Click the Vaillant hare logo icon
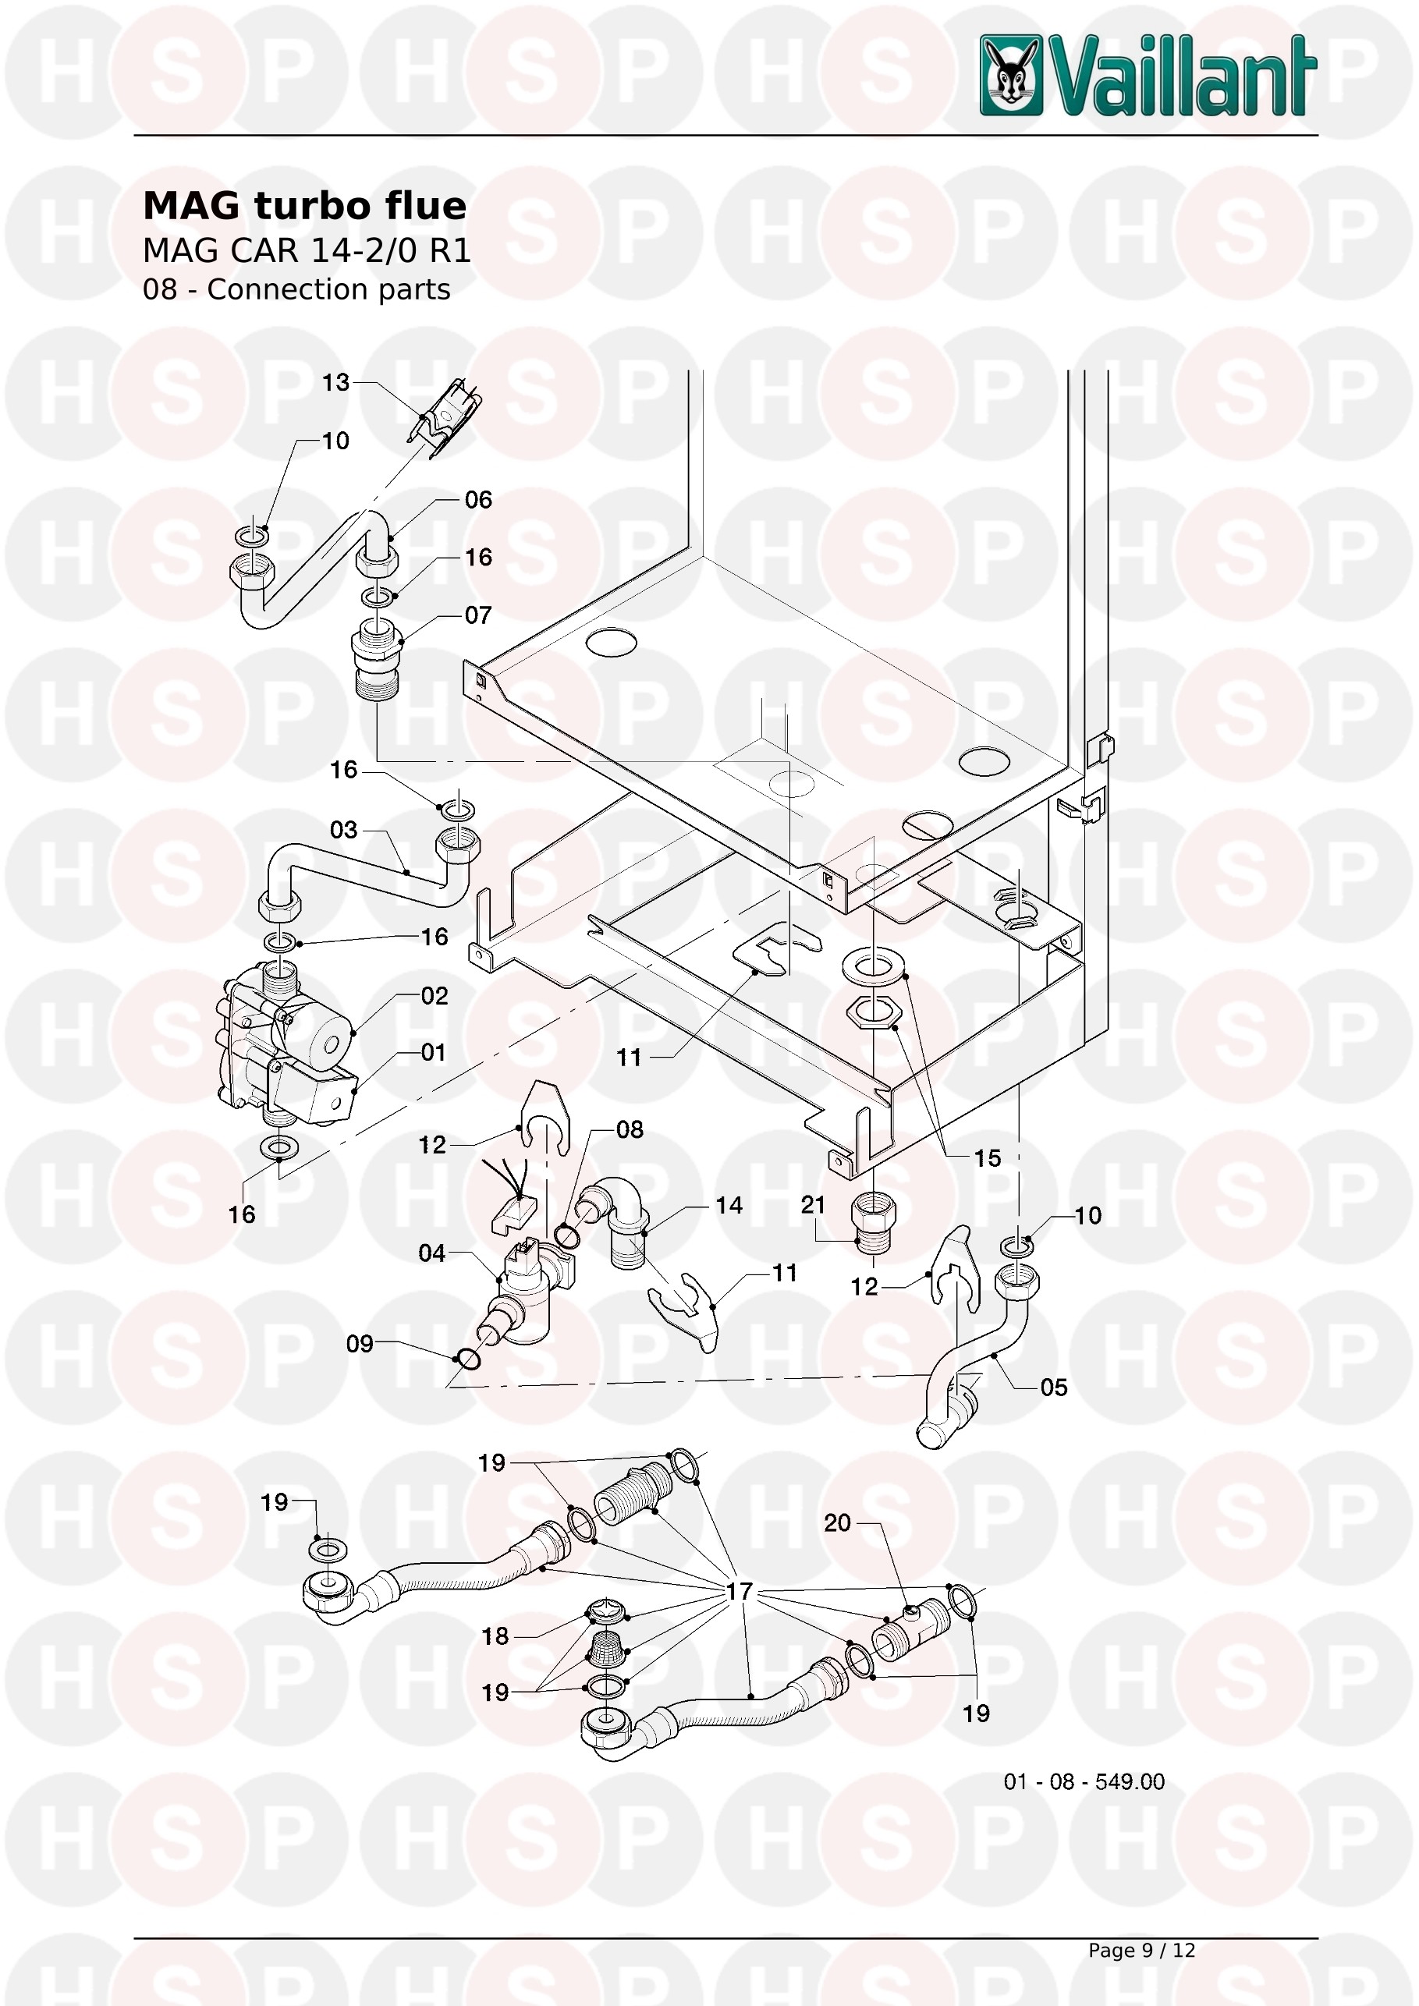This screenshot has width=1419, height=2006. coord(1012,75)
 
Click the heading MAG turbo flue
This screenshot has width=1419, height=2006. coord(304,206)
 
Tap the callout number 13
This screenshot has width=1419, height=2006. coord(335,383)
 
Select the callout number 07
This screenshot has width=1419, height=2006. coord(478,615)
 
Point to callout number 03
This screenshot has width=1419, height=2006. coord(343,829)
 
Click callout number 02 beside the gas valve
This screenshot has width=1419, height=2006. coord(435,996)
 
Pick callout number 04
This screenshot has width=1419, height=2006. coord(431,1253)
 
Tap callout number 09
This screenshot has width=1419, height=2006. coord(359,1344)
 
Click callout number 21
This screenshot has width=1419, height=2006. coord(814,1205)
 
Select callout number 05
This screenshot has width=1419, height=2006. coord(1054,1388)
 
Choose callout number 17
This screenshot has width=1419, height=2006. coord(740,1591)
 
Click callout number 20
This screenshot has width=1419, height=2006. coord(837,1523)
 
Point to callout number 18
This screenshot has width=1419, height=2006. coord(495,1636)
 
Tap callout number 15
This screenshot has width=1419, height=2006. coord(988,1158)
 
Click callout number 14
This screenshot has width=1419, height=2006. coord(729,1205)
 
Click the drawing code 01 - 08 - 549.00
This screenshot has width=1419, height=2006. coord(1084,1781)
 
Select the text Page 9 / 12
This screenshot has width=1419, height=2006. coord(1141,1950)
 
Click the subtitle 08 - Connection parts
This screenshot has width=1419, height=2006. coord(296,289)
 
